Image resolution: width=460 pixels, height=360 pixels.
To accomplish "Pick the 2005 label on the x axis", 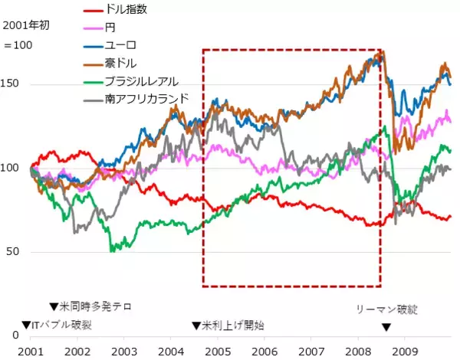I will point(218,350).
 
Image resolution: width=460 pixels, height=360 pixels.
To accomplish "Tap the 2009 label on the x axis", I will point(406,350).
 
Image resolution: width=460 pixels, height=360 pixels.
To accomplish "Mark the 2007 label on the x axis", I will point(312,350).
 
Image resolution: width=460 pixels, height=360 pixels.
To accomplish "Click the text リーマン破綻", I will point(388,309).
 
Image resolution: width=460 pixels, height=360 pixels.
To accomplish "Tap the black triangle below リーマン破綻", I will point(386,327).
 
